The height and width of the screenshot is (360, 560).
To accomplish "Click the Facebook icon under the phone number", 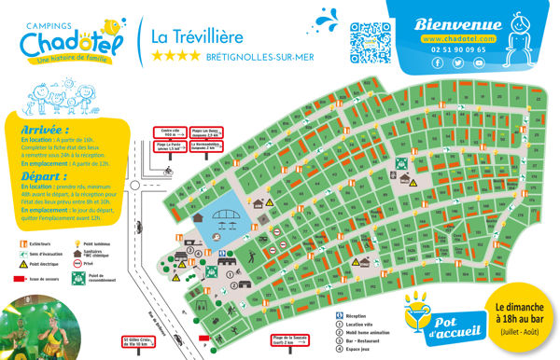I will tap(437, 62).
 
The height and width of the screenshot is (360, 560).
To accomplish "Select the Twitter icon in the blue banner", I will tap(458, 62).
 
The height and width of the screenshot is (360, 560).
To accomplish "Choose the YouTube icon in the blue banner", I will tap(480, 62).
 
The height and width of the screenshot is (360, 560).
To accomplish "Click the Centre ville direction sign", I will tap(168, 133).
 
